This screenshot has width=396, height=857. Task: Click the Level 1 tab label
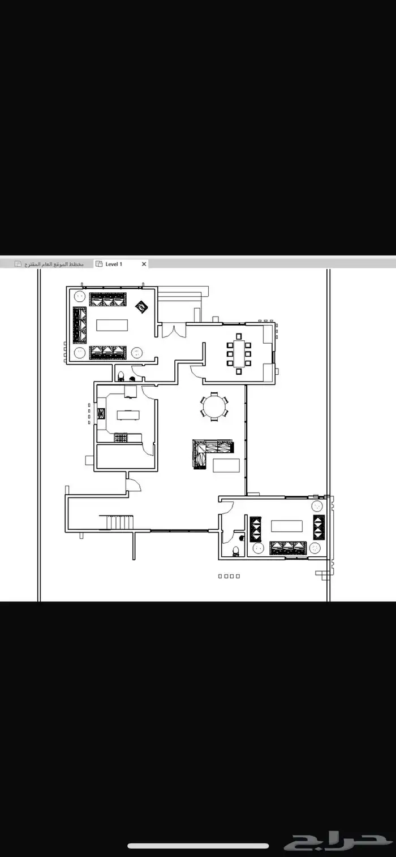point(114,264)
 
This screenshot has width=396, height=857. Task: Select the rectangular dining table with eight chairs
point(239,354)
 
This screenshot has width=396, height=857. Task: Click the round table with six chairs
point(214,406)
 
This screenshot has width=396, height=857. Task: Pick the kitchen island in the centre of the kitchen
point(128,415)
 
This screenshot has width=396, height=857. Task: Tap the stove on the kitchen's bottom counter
point(120,438)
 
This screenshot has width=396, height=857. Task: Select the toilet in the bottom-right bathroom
point(236,551)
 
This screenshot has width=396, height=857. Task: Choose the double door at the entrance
point(174,331)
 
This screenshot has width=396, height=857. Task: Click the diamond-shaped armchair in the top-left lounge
point(141,307)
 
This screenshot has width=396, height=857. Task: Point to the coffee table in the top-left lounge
point(112,325)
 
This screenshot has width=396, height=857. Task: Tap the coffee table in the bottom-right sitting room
point(287,526)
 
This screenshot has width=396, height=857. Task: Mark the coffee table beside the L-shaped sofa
point(226,465)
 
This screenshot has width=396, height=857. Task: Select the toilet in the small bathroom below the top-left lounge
point(121,376)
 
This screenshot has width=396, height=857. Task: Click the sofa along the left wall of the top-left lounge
point(80,325)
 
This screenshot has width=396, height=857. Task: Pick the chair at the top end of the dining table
point(239,336)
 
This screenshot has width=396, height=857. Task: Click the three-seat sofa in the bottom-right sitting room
point(288,548)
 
